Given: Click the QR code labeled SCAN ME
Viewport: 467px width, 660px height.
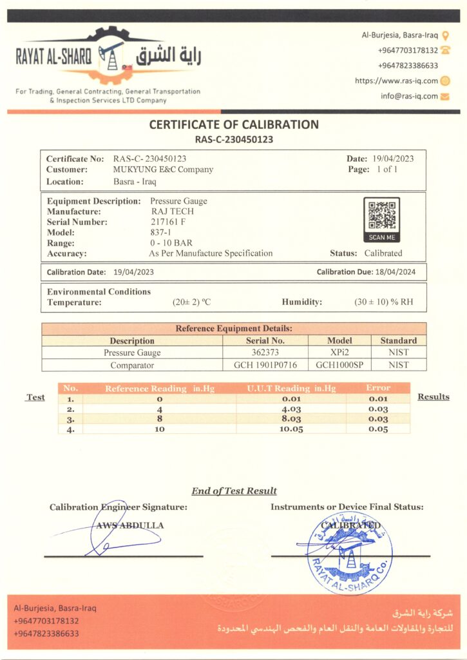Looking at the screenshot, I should pos(382,215).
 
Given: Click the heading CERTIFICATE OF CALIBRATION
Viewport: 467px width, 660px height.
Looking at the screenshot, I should pos(234,124).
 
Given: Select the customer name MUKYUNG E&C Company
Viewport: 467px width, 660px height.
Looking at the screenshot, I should pos(163,170).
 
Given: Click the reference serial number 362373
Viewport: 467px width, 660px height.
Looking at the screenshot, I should pos(265,353).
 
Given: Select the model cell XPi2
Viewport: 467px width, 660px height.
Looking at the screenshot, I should pos(339,353).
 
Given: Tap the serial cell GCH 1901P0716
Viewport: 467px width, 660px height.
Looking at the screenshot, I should pos(265,365).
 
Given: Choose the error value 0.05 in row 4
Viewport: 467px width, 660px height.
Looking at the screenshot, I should pos(377,428).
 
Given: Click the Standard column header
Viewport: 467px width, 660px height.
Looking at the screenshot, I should pos(398,340).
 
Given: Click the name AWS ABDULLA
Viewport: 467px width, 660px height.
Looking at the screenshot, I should pos(130,525).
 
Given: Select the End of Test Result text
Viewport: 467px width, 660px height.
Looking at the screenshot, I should pos(234,491).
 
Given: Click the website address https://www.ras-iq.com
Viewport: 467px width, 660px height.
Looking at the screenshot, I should pos(396,81).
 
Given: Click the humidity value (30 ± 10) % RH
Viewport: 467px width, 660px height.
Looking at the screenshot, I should pos(384,302).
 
